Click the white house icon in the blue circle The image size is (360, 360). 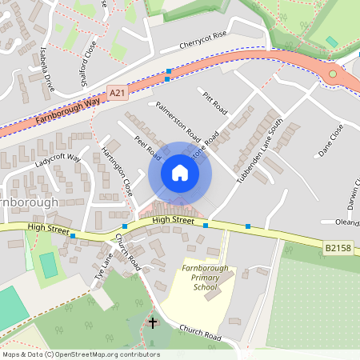point(179,173)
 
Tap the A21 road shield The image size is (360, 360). point(118,94)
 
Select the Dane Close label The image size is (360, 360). point(330,139)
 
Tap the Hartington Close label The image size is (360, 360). point(118,171)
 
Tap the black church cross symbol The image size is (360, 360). point(153,323)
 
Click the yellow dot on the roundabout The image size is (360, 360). point(333,74)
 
